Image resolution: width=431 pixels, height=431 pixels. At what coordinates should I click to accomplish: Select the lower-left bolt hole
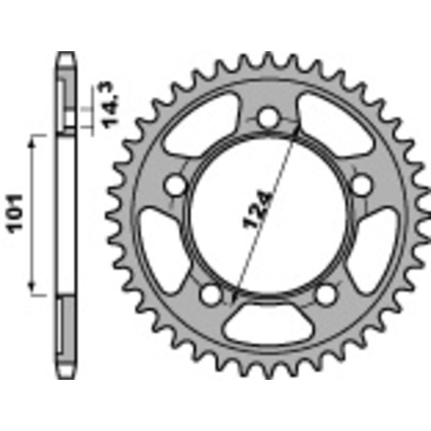coord(210,295)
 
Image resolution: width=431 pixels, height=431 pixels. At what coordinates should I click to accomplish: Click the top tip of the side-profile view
coord(66,53)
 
